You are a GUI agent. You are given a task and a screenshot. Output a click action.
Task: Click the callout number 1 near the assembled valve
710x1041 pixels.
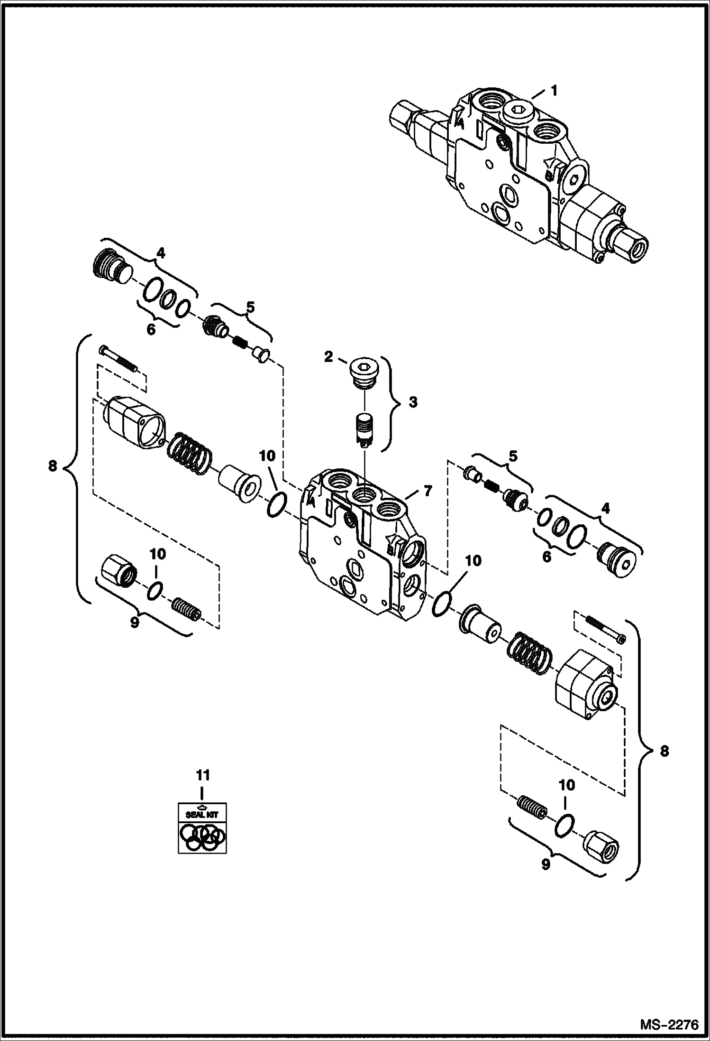(x=554, y=90)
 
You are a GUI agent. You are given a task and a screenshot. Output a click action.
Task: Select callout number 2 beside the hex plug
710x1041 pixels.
(x=328, y=357)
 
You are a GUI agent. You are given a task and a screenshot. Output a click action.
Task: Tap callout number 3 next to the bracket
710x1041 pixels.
(x=413, y=402)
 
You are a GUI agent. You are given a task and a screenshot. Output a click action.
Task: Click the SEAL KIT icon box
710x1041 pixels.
(x=202, y=827)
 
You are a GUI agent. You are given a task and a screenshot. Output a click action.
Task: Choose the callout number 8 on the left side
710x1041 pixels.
(x=53, y=466)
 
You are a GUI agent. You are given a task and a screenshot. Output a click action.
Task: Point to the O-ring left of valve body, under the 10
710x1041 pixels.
(x=277, y=505)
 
